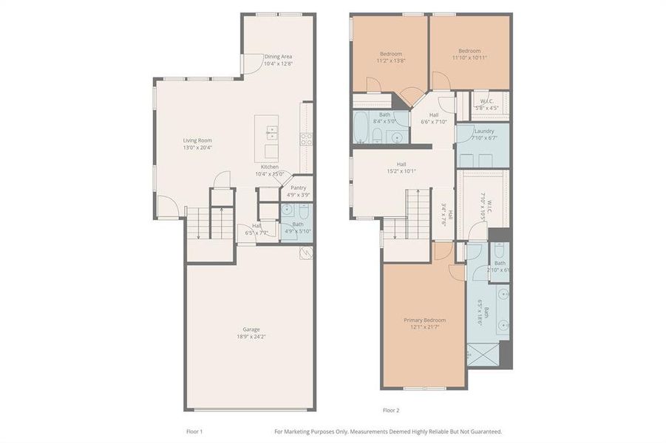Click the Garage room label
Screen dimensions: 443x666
pos(251,329)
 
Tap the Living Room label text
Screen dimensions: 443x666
pos(197,140)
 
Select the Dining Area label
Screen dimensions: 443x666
pos(278,56)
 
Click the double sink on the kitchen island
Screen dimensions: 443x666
pos(271,132)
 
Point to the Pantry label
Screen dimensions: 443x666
pos(298,188)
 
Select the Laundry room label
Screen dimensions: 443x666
pos(484,131)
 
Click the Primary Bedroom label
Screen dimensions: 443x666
pos(424,320)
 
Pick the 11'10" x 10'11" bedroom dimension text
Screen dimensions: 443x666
pos(469,58)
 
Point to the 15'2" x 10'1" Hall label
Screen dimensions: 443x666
pos(401,171)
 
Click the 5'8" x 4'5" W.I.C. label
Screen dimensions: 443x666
pos(486,108)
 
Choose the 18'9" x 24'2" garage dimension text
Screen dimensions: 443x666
pos(251,337)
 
